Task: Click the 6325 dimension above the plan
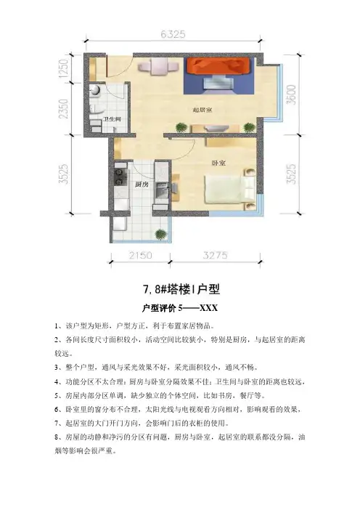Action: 173,34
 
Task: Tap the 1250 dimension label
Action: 63,68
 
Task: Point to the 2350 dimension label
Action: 63,109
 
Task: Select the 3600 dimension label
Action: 292,94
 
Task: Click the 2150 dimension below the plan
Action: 140,255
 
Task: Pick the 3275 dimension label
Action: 215,255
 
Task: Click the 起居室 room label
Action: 202,110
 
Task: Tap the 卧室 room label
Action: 218,163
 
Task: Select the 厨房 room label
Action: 142,185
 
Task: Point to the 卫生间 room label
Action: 112,119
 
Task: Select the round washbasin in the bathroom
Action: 96,90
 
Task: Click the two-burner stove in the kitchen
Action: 120,177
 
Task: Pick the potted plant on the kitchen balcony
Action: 160,234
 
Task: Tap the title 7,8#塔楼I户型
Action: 181,289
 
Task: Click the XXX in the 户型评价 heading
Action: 208,308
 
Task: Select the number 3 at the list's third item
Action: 57,368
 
